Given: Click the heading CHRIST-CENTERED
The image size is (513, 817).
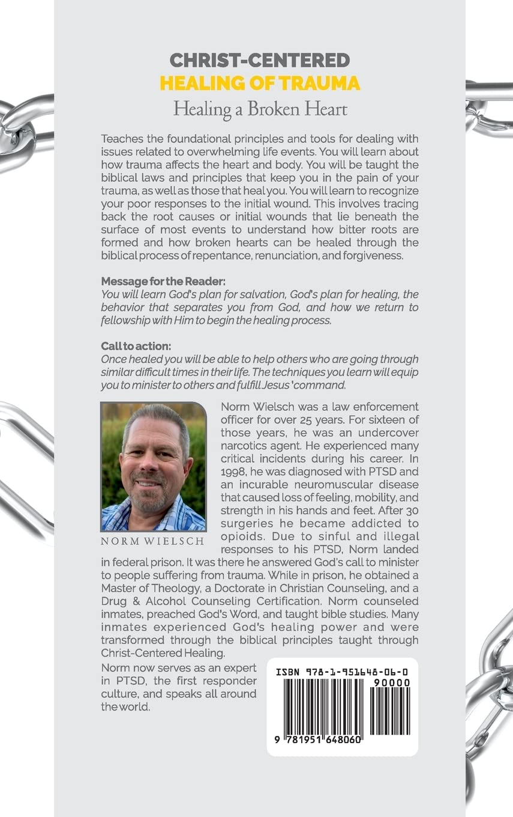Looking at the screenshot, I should point(259,60).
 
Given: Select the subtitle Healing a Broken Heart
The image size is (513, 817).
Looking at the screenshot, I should point(259,109).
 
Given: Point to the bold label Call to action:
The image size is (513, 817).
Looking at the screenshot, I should point(136,347).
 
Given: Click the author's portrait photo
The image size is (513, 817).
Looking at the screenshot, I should point(154,467).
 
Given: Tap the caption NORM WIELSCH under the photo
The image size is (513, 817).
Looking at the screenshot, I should point(154,541).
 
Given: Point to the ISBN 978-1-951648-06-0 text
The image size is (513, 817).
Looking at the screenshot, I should point(343,672).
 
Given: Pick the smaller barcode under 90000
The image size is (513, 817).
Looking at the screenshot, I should point(390,711).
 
